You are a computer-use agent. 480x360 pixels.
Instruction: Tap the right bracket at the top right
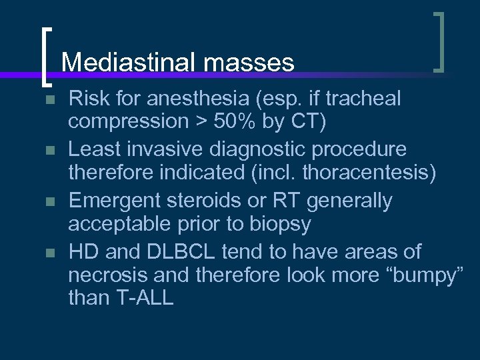pyautogui.click(x=439, y=41)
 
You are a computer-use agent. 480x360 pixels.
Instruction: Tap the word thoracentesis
pyautogui.click(x=371, y=174)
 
